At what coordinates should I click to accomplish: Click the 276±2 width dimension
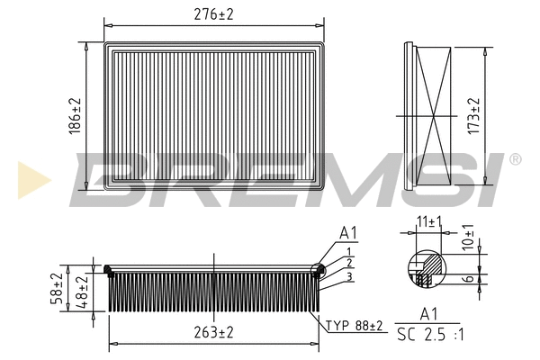click(214, 14)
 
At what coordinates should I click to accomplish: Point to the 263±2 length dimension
click(213, 332)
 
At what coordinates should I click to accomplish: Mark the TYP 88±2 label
click(354, 325)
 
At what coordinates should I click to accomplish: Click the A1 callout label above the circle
click(348, 233)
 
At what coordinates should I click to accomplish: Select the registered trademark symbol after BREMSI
click(515, 159)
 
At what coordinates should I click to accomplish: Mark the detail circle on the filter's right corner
click(317, 269)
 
